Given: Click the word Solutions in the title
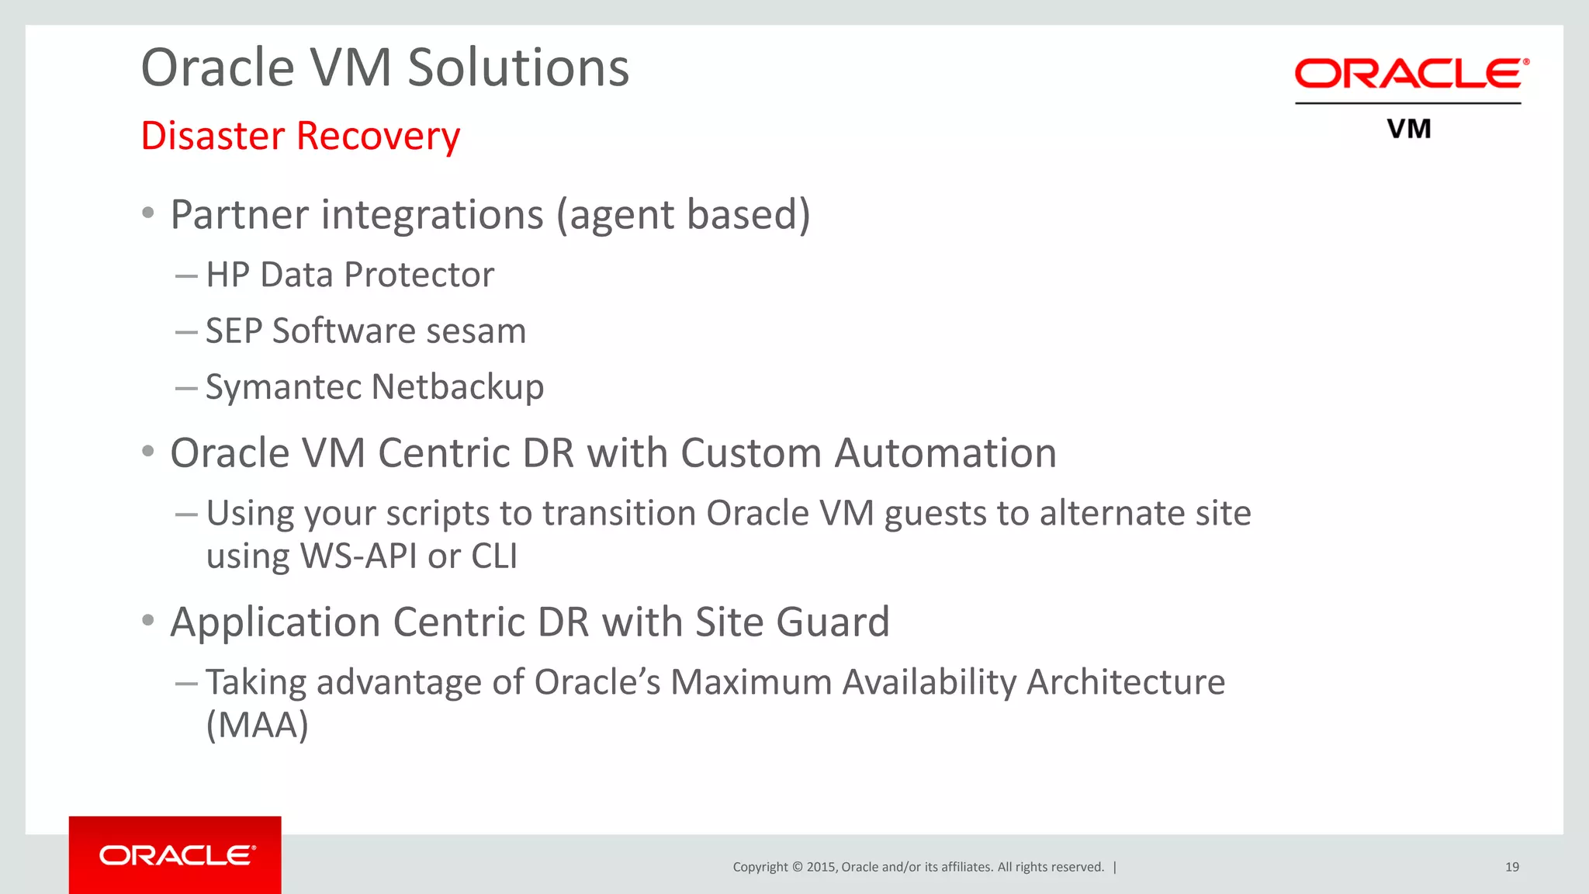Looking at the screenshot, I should (x=518, y=68).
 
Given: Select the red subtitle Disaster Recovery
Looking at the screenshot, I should (x=300, y=137).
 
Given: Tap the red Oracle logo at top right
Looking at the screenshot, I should (x=1411, y=74).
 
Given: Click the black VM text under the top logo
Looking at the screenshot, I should (x=1409, y=129).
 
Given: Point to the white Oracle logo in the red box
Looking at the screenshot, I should (x=177, y=855).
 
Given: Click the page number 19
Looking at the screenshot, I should (x=1511, y=867).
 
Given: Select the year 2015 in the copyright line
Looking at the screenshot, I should (x=820, y=867).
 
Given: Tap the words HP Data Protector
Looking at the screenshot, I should (x=350, y=275).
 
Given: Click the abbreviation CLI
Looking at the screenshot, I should (x=494, y=556).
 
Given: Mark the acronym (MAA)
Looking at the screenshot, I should (x=258, y=726).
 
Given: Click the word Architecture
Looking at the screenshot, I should (x=1125, y=683).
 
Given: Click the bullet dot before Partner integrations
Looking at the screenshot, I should (x=148, y=213).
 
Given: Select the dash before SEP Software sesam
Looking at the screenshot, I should (x=186, y=332).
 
